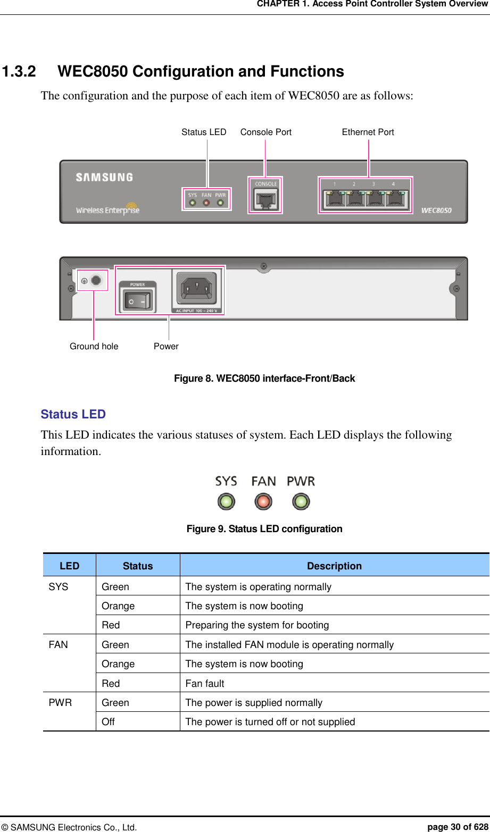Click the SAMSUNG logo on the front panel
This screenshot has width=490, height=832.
(104, 177)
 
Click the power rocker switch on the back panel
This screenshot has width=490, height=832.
(137, 300)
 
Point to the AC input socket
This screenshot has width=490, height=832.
(196, 290)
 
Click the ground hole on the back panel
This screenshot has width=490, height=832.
(96, 280)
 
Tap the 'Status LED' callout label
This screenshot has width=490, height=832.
(204, 132)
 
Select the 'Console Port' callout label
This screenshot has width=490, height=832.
(265, 132)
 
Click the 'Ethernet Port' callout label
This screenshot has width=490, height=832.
(368, 132)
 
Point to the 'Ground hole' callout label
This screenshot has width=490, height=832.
(94, 347)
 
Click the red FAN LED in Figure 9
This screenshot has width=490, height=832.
(263, 501)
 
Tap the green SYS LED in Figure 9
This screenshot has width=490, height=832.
(226, 501)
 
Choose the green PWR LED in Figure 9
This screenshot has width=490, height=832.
(301, 501)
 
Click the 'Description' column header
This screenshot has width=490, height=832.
(334, 566)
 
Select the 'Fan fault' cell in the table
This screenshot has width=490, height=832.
(205, 684)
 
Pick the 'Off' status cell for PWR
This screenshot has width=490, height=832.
(108, 722)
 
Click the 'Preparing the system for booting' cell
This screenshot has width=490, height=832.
(257, 625)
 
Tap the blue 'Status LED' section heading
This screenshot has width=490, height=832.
(73, 415)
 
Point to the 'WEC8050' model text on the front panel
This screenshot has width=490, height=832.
(436, 211)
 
